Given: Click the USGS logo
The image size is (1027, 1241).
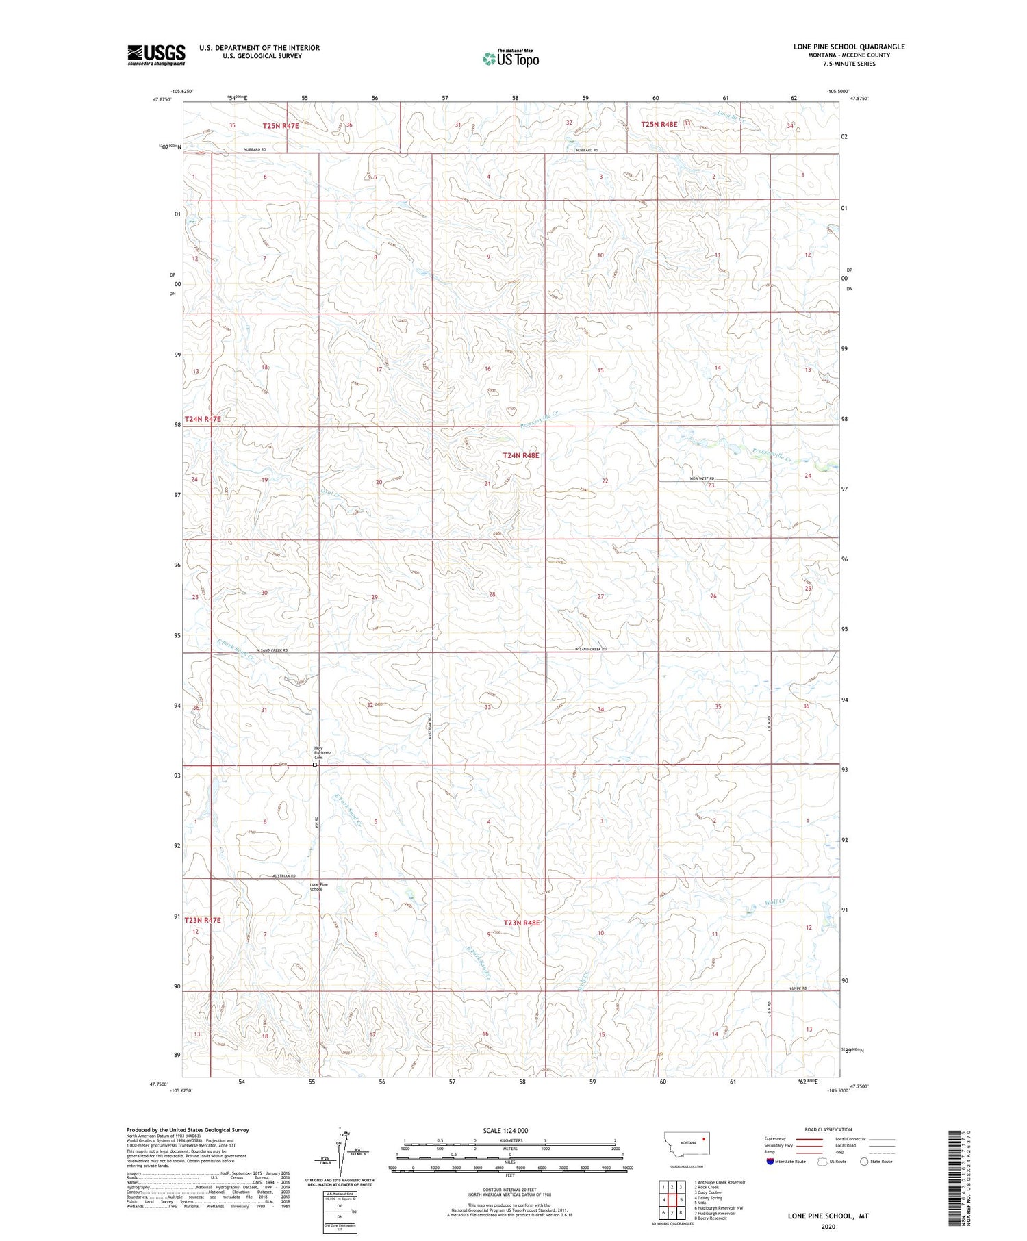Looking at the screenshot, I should tap(156, 55).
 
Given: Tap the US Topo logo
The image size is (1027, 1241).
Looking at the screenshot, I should tap(511, 59).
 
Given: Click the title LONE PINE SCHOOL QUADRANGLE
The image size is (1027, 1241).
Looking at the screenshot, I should tap(849, 47).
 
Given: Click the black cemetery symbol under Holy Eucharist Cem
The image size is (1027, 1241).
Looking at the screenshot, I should tap(315, 765).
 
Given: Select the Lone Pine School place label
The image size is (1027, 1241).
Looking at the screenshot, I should tap(319, 886).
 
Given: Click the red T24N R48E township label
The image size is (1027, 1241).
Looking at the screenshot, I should tap(521, 455).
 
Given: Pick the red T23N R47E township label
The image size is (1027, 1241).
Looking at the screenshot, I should tap(203, 920).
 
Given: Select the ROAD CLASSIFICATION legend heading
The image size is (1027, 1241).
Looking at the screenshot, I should tap(828, 1129).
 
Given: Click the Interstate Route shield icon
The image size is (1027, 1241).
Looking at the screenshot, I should tap(770, 1161).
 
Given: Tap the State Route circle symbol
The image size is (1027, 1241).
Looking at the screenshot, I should tap(864, 1161).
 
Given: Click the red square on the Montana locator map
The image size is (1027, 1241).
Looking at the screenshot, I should tap(703, 1138).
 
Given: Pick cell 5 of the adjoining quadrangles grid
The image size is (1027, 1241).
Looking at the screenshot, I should tap(682, 1200).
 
